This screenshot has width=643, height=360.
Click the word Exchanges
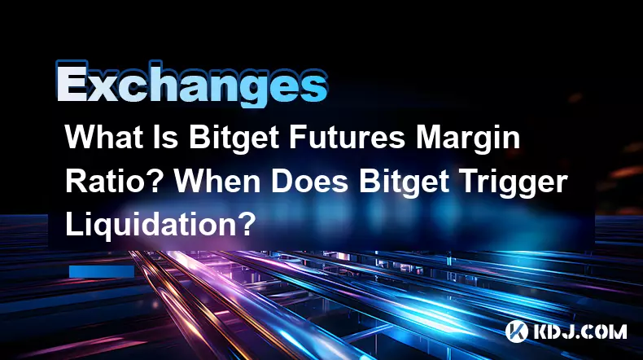[192, 84]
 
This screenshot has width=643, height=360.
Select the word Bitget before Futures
[234, 139]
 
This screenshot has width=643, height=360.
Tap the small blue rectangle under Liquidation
[102, 271]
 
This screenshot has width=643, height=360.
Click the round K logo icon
[517, 331]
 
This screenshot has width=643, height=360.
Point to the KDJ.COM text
[580, 331]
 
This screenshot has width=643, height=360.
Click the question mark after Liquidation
[246, 225]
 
